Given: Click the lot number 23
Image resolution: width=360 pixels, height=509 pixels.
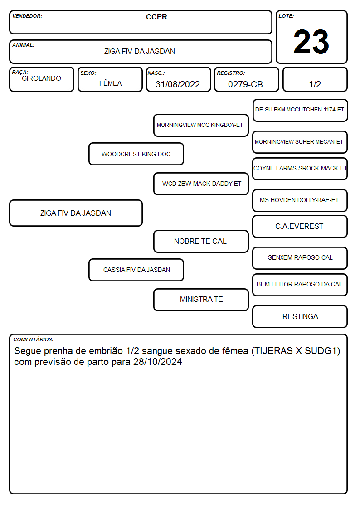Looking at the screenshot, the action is point(311,42).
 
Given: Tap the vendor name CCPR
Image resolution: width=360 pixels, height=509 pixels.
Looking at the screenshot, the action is point(156,17).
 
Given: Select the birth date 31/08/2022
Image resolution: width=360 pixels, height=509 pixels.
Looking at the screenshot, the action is point(178,84).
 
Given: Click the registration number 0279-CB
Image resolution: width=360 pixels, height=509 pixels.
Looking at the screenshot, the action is point(245,84).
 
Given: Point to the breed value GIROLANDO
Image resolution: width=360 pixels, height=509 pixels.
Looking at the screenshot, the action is point(42,78).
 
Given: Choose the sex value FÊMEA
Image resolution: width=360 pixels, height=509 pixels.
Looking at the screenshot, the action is point(110,83).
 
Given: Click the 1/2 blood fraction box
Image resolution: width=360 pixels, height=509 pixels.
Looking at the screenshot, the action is point(315,79).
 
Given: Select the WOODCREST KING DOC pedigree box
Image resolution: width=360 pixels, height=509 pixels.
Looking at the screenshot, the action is point(136,154).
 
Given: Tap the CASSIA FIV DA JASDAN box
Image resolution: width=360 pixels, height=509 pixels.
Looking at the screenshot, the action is point(136,270).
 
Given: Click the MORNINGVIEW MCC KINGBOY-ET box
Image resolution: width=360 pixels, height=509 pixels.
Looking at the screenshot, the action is point(201,125).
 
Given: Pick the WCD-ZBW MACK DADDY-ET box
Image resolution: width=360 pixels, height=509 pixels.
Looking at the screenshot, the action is point(201,184).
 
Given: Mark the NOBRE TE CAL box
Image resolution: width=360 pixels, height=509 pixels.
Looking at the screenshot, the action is point(201,241).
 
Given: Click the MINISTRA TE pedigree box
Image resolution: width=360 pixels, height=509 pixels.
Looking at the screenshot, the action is point(201,300).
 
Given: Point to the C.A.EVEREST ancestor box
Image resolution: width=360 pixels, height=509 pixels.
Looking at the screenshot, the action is point(300,226).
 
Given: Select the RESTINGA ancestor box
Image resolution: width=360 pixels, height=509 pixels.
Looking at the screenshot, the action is point(300,316).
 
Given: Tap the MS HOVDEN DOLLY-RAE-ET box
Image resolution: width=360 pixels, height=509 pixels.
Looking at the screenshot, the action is point(300,200).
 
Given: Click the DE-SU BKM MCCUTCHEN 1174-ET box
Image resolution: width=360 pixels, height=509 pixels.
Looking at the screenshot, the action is point(300,111).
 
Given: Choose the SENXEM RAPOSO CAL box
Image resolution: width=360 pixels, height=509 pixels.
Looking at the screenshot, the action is point(300,258).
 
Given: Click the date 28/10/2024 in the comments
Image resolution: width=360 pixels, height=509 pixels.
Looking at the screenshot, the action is point(157,362).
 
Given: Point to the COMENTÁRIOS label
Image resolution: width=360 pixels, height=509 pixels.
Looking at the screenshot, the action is point(34,339).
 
